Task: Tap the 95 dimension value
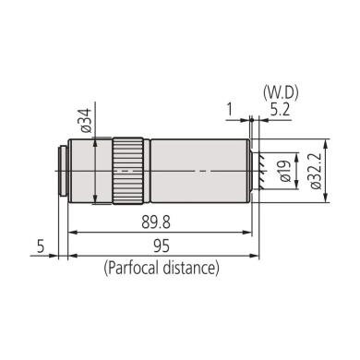coord(161,247)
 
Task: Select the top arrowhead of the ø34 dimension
coord(96,138)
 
